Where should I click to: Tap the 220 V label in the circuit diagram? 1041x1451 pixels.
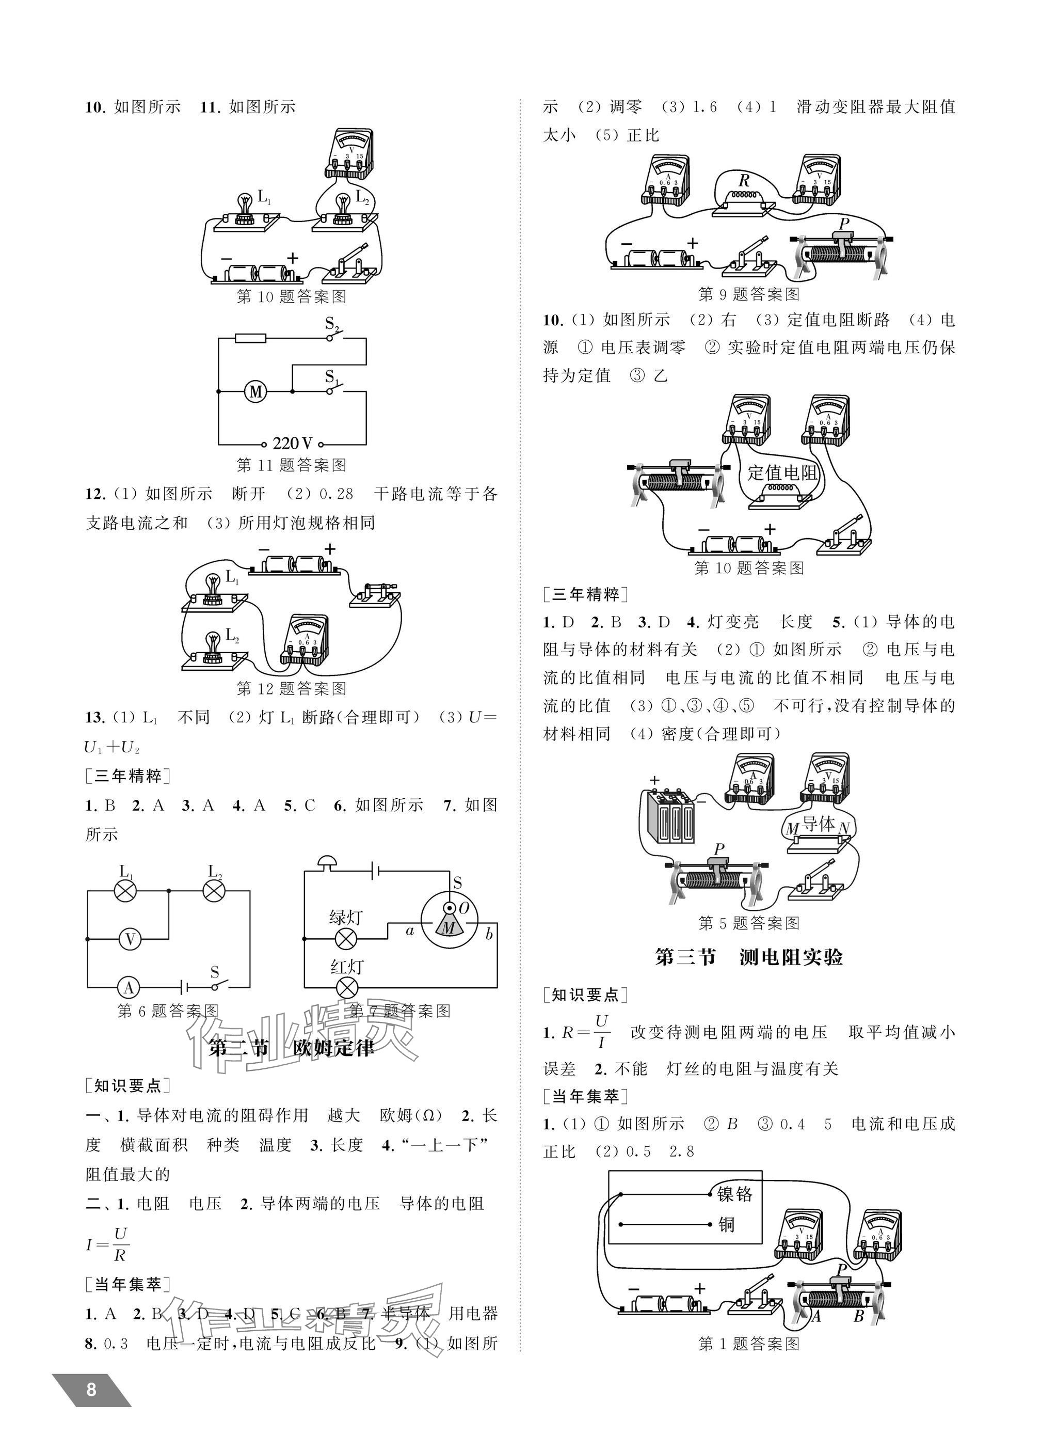(x=292, y=444)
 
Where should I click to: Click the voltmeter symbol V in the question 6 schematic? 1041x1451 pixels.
(x=130, y=939)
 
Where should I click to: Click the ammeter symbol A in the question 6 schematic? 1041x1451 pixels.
(x=129, y=988)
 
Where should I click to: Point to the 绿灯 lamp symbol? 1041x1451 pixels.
(x=347, y=939)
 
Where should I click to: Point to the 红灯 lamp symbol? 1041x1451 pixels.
(x=347, y=988)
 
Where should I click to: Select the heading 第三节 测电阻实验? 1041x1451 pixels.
(x=749, y=957)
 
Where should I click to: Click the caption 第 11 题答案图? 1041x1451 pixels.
(x=292, y=465)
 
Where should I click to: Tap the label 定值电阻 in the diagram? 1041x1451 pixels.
(x=782, y=473)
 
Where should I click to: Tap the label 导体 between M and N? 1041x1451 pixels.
(x=819, y=825)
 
